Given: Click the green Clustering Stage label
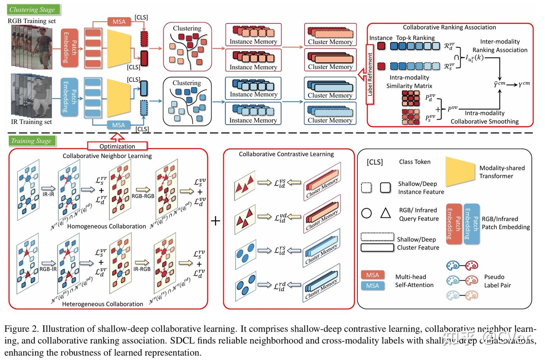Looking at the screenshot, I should tap(33, 9).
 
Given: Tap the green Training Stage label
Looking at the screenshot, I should tap(32, 141).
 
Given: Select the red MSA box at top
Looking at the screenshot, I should tap(119, 22).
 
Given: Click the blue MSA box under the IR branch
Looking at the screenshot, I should tap(118, 125).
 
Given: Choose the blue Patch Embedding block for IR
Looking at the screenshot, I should tap(69, 97).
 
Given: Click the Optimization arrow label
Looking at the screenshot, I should tap(117, 146).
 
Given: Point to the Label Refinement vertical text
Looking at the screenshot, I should tap(370, 74).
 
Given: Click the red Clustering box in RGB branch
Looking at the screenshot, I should tap(187, 47).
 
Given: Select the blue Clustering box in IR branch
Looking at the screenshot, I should tap(187, 101).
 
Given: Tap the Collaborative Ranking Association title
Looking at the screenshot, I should tap(449, 27).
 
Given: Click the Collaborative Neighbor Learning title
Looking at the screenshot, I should tap(107, 156).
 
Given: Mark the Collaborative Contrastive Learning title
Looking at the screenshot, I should tap(286, 154).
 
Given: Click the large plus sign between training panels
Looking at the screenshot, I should tap(215, 220).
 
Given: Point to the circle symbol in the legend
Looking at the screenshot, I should tap(366, 213).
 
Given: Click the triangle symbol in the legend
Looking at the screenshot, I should tap(385, 213).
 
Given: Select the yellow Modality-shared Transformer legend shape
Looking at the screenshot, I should tap(459, 171).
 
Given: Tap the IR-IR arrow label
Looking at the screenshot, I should tap(48, 194).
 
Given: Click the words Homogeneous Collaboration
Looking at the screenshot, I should tap(106, 226).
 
